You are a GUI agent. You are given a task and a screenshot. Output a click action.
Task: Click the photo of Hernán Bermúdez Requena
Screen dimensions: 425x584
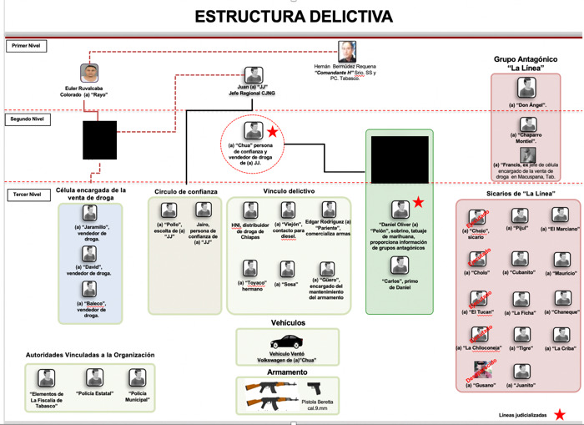[347, 51]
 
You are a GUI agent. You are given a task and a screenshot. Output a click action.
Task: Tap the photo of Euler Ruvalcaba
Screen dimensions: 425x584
[90, 73]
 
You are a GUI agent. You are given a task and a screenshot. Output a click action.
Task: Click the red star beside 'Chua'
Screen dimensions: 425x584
[272, 132]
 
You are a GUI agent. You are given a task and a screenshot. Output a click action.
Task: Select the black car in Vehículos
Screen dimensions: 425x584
[286, 342]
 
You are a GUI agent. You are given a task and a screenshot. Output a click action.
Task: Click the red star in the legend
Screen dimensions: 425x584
[560, 414]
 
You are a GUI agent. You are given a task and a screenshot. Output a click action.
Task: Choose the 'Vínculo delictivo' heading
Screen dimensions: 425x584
[288, 191]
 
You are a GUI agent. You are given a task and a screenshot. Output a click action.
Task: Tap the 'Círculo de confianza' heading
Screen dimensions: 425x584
[186, 191]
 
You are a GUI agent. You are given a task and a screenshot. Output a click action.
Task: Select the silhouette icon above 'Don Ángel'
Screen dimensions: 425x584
[526, 88]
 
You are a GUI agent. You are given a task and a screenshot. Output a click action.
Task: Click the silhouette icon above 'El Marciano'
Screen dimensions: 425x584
[560, 215]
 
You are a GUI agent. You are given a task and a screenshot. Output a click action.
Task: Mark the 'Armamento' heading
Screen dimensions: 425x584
[288, 372]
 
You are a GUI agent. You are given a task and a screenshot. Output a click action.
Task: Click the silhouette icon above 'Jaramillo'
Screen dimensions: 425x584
[89, 213]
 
